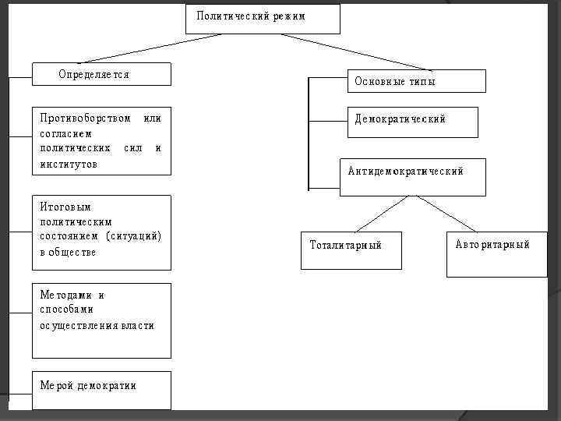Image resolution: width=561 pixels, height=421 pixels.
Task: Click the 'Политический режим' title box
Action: (x=263, y=19)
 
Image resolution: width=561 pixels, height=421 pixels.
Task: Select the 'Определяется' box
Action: (x=101, y=74)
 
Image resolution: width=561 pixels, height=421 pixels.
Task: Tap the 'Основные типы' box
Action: (x=416, y=81)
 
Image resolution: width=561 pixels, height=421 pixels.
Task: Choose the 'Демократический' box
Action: (x=412, y=122)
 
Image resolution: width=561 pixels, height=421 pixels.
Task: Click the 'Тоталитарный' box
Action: (x=351, y=249)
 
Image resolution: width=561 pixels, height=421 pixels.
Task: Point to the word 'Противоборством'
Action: (x=86, y=119)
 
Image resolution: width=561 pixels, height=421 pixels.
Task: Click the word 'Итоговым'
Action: (x=65, y=207)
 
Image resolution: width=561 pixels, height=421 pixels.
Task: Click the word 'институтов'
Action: (x=69, y=164)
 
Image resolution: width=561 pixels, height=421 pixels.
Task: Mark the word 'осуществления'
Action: (x=79, y=325)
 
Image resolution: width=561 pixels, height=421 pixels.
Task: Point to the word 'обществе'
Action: (x=74, y=252)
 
